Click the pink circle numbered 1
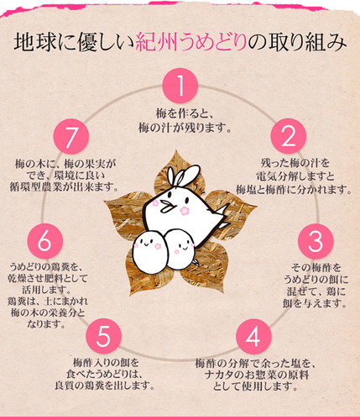180,86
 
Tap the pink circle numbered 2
289,136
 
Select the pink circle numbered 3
316,241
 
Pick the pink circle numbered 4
253,337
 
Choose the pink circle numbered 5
103,335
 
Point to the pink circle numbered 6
45,241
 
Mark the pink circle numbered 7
71,136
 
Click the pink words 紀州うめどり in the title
191,43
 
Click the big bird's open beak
167,207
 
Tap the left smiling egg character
150,251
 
